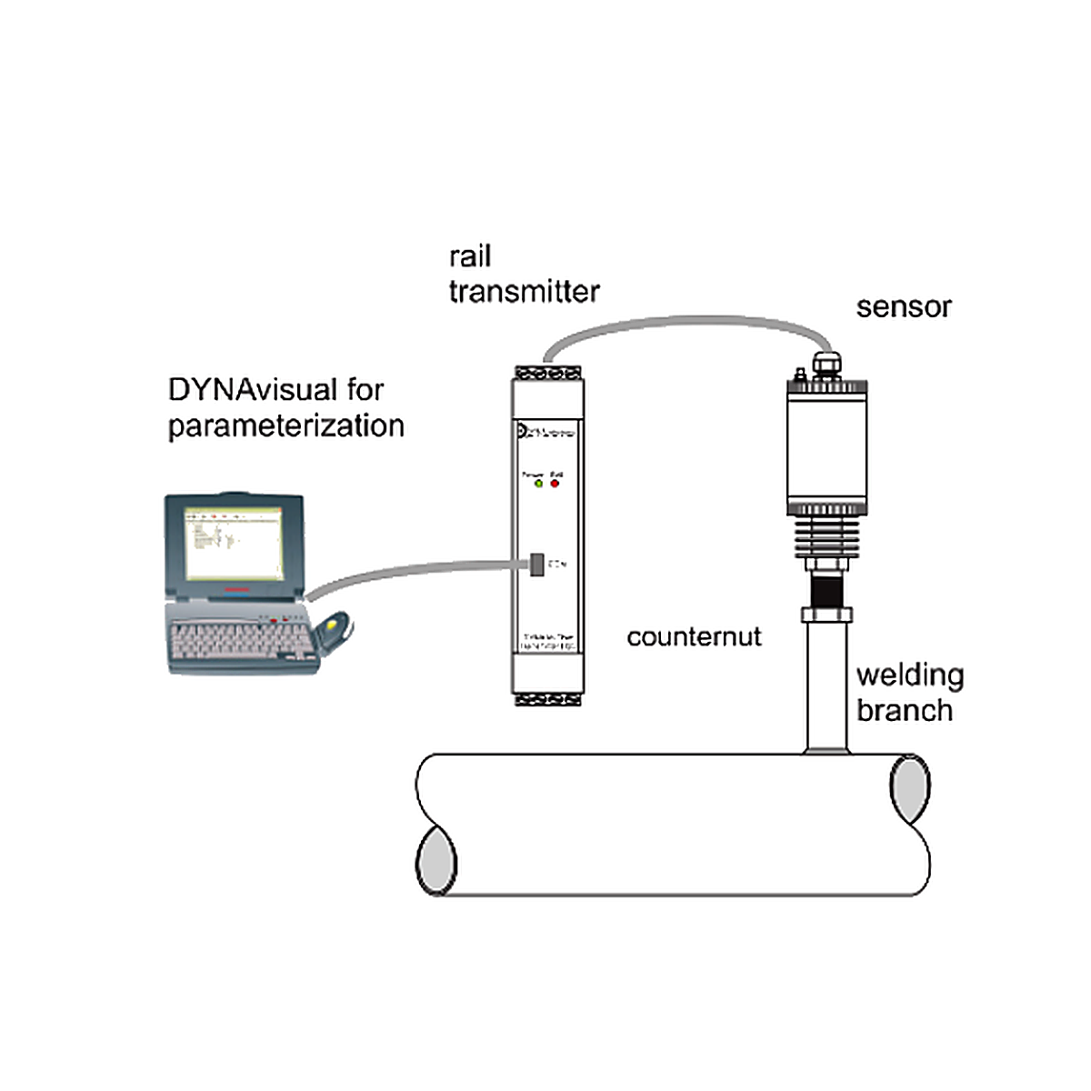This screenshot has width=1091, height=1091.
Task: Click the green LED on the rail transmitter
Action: [537, 484]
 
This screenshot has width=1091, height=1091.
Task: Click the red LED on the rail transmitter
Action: [555, 484]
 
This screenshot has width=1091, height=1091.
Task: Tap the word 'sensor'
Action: [903, 307]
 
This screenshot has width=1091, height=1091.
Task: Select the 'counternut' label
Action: [694, 636]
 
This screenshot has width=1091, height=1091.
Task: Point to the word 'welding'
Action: [910, 676]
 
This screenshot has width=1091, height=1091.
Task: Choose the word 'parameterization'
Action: [285, 425]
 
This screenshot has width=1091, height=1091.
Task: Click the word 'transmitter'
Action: [524, 292]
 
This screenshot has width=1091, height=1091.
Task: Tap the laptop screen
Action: [232, 545]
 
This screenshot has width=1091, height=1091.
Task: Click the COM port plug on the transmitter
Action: [537, 565]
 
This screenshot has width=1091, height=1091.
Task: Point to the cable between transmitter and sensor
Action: [682, 325]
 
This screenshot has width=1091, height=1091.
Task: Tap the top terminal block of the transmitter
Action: [547, 372]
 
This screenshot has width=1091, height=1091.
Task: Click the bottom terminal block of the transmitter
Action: [547, 699]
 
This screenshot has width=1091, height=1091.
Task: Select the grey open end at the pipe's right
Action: [909, 787]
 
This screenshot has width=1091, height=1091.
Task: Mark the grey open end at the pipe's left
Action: [437, 861]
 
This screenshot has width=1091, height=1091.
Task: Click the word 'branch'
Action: [905, 711]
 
